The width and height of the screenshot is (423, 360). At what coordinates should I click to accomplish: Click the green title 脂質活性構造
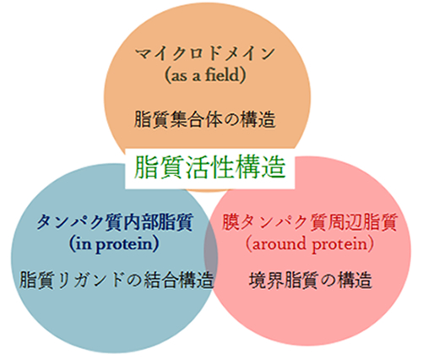coord(210,167)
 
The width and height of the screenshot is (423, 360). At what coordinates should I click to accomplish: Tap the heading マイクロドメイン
coord(205,53)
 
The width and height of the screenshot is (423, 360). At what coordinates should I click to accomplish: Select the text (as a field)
coord(205,75)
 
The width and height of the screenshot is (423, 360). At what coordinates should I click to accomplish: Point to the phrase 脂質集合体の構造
coord(204,119)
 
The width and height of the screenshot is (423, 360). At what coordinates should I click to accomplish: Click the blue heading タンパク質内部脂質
coord(115,222)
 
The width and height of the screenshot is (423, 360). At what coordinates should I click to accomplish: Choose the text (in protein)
coord(114,244)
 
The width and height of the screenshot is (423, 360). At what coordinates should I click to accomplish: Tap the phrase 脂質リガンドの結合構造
coord(117,280)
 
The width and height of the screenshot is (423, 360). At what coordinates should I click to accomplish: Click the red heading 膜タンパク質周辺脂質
coord(310,222)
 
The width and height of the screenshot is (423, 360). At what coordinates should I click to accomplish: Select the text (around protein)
coord(310,244)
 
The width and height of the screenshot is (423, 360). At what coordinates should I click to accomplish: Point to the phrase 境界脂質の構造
coord(311,280)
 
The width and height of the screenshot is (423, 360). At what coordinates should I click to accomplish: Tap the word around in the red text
coord(279,243)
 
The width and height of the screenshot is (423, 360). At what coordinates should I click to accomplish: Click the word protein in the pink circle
coord(340,245)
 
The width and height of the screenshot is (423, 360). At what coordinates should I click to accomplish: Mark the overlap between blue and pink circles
coord(211,253)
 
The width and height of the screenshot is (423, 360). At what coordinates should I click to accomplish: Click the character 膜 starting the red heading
coord(230,222)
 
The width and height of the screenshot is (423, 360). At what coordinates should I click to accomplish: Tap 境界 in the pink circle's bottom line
coord(266,280)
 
